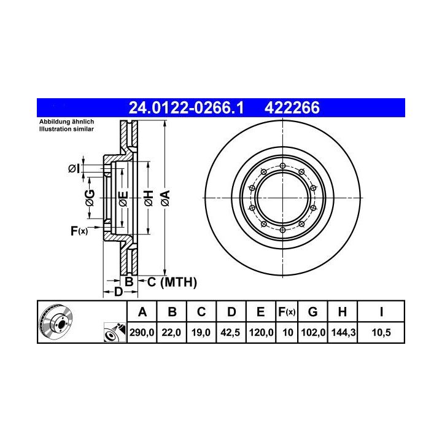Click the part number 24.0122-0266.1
coord(186,107)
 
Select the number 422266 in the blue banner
coord(292,107)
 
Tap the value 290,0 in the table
coord(142,333)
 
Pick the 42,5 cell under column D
coord(230,333)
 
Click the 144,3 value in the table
coord(343,333)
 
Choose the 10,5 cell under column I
coord(381,333)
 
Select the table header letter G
coord(313,312)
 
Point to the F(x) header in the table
coord(287,312)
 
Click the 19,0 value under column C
coord(201,333)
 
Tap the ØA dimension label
coord(166,198)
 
